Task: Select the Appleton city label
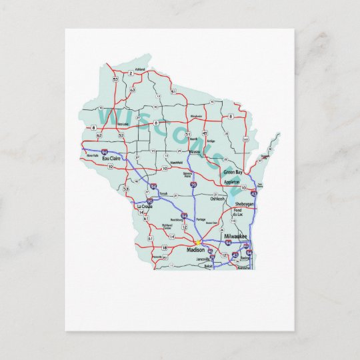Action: click(231, 181)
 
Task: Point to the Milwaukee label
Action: click(236, 237)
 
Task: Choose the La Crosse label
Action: click(144, 207)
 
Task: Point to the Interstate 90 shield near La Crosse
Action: click(149, 201)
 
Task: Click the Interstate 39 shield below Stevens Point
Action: click(193, 184)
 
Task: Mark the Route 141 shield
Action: click(245, 139)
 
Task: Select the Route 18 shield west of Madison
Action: click(164, 247)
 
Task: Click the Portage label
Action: click(201, 219)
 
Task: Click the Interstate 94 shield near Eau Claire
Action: click(104, 153)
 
